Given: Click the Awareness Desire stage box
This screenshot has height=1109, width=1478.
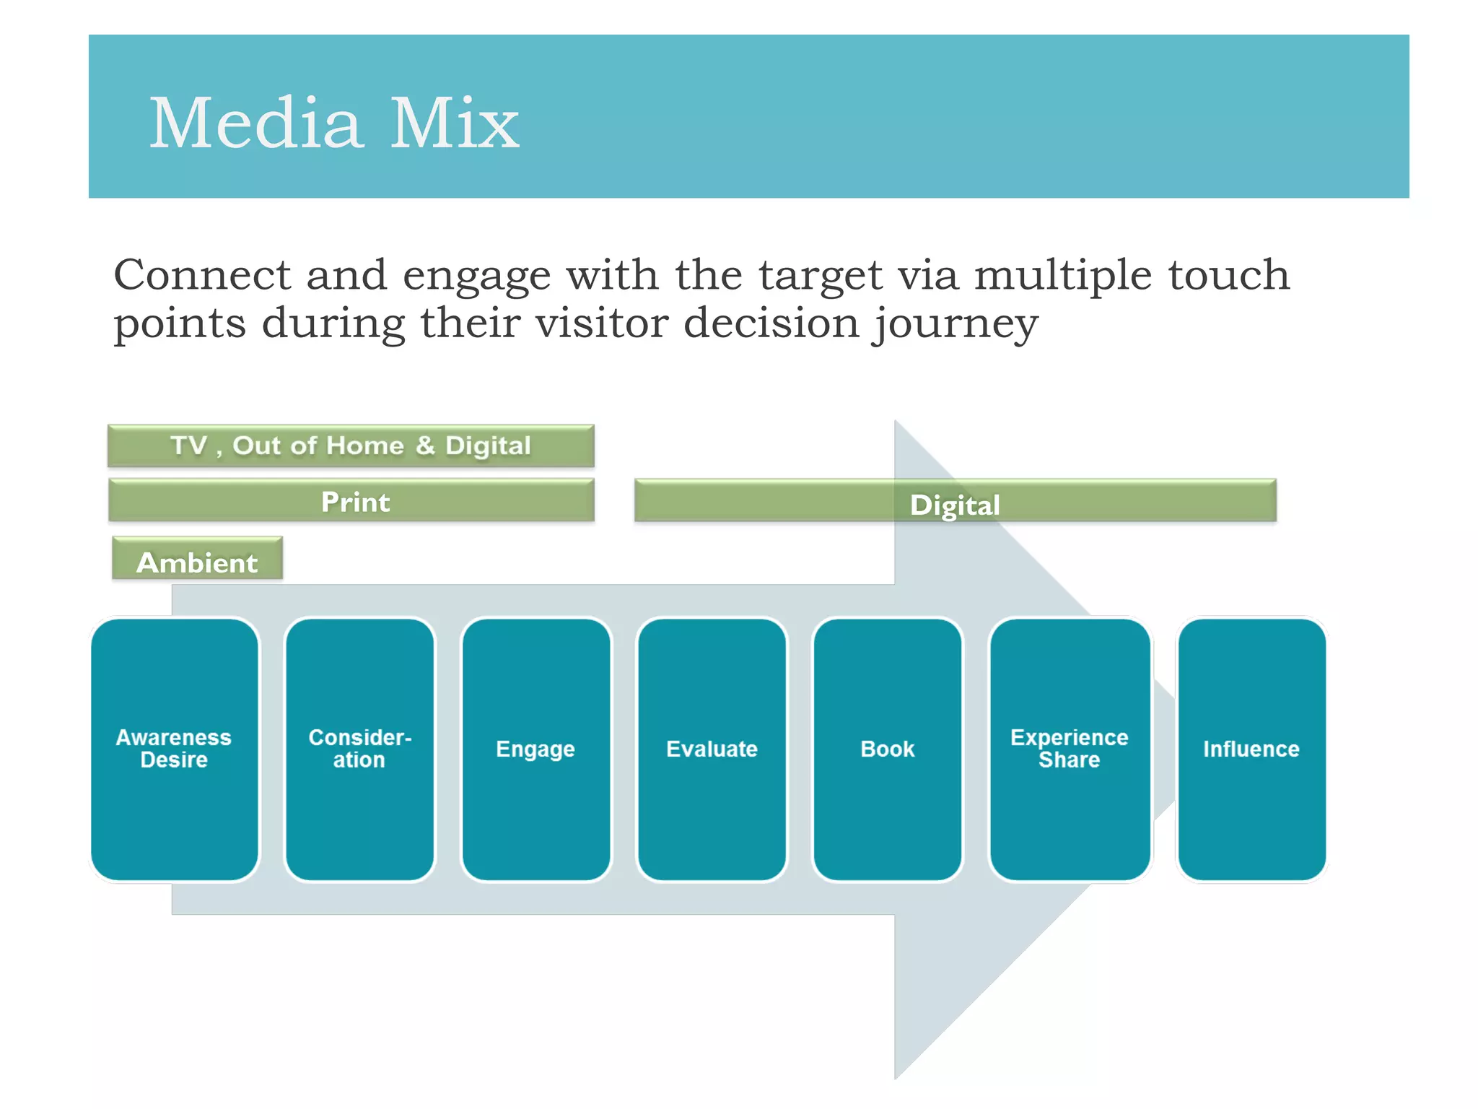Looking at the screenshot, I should point(175,749).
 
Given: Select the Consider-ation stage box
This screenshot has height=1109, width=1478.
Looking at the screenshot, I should point(359,749).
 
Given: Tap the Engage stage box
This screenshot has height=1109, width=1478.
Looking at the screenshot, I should point(535,749).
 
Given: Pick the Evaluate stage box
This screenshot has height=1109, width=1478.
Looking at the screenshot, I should point(712,749).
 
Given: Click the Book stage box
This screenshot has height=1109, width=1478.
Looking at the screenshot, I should point(887,749).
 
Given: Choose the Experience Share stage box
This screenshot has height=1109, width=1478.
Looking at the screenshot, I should point(1069,749).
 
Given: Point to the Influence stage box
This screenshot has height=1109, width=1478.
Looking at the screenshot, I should point(1251,749).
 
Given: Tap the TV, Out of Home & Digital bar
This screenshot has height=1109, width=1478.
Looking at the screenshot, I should point(351,445).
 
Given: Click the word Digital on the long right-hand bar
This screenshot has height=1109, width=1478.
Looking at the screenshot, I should point(955,505).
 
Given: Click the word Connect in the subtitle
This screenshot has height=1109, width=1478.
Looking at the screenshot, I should point(202,275).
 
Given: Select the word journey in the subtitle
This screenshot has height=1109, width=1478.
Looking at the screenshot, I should point(956,324).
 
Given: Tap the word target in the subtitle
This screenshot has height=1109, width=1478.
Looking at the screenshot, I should point(820,277).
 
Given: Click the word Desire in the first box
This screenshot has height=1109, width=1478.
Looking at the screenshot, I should point(174,760).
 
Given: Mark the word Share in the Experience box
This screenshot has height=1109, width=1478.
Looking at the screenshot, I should point(1069,760).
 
